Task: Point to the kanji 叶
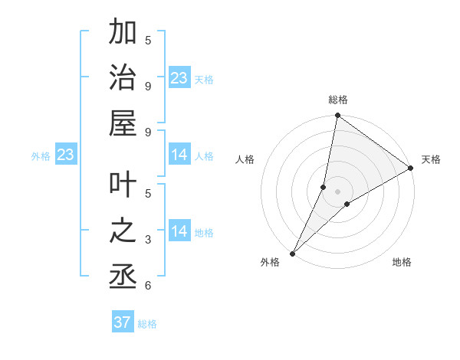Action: coord(123,185)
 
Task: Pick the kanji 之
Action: coord(123,231)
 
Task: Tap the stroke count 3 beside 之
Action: coord(148,240)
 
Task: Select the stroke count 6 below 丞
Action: coord(148,286)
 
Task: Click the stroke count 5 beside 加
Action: coord(148,40)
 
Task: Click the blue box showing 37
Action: coord(123,322)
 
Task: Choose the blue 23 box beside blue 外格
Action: coord(65,155)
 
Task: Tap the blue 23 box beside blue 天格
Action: coord(179,78)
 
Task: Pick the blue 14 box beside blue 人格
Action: coord(179,155)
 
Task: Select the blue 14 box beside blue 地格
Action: coord(179,232)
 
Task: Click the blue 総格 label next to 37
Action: coord(147,324)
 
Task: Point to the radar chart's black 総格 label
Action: coord(338,100)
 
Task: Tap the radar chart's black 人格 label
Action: coord(245,159)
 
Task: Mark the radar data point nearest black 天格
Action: coord(411,169)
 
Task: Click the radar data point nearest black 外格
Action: coord(293,254)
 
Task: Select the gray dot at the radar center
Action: coord(338,191)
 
